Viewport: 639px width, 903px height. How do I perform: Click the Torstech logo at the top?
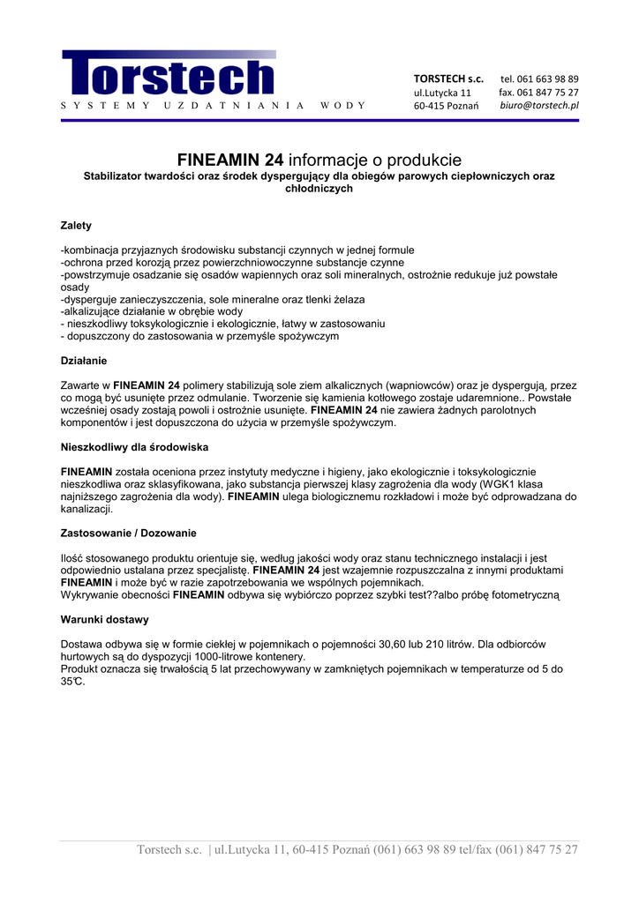(x=169, y=74)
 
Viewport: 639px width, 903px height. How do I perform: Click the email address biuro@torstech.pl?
(x=539, y=106)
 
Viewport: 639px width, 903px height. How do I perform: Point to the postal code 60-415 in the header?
(x=429, y=107)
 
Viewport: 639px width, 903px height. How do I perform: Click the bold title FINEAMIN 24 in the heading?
(x=230, y=160)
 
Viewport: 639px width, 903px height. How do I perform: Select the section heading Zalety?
(x=76, y=226)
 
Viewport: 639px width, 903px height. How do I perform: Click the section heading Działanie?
(x=84, y=361)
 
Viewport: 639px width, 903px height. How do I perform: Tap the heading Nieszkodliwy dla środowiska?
(x=134, y=447)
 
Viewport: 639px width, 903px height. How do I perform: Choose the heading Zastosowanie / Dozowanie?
(x=128, y=534)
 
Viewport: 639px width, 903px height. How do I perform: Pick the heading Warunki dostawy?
(x=104, y=620)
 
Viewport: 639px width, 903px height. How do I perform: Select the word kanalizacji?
(x=86, y=509)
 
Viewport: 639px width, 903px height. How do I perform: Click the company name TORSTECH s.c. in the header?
(x=448, y=79)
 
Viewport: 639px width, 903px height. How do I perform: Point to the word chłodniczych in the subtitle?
(x=319, y=189)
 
